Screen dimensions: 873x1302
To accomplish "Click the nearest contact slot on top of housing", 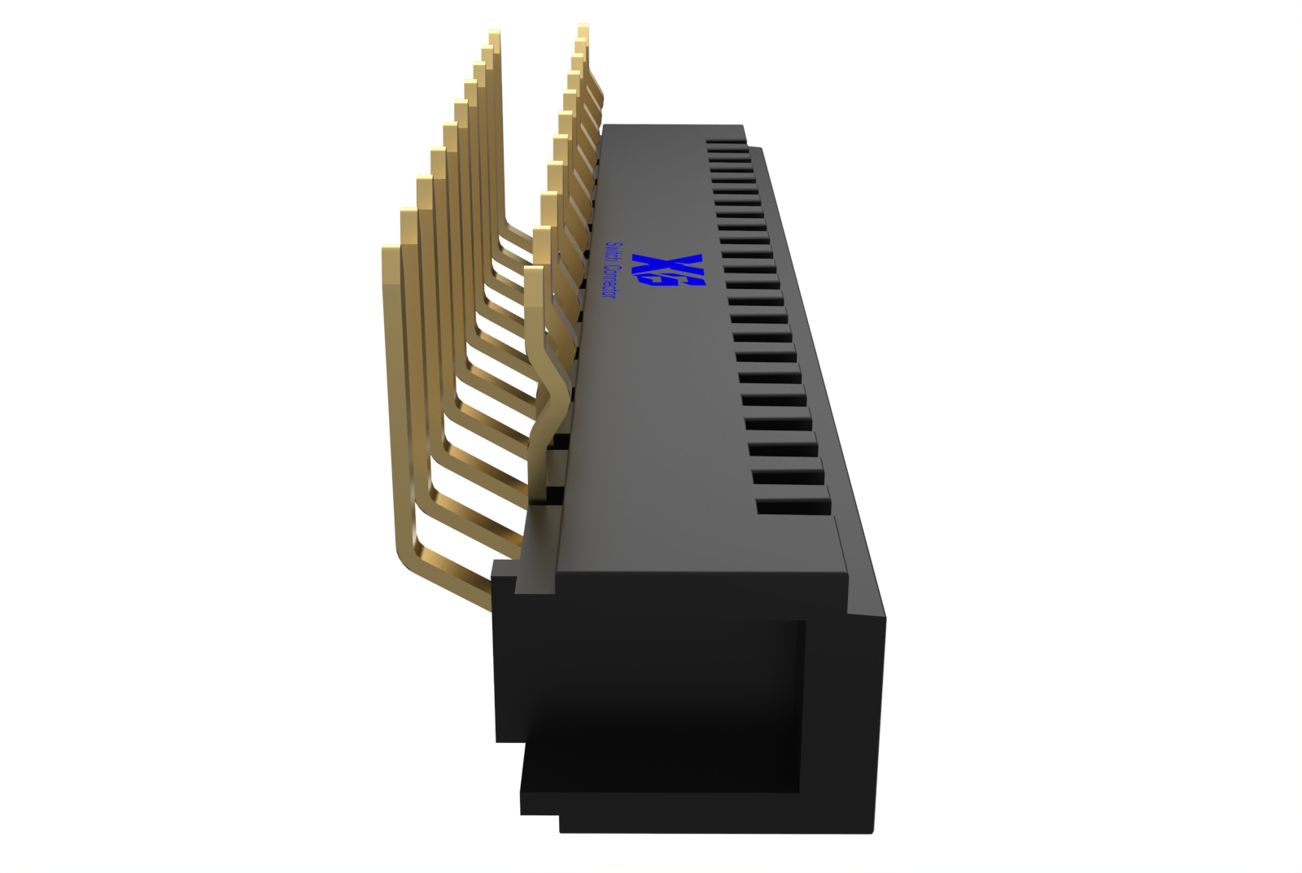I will pyautogui.click(x=794, y=506).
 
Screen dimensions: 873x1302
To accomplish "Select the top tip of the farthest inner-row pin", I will pyautogui.click(x=583, y=28).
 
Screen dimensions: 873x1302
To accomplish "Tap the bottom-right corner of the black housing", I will pyautogui.click(x=872, y=830).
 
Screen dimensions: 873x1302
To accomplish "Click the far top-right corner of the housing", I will pyautogui.click(x=742, y=127).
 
